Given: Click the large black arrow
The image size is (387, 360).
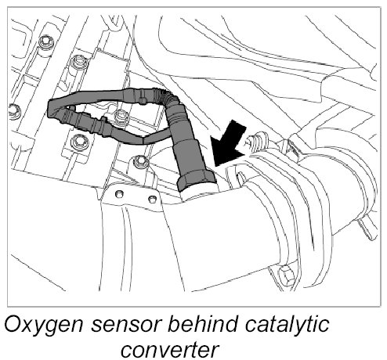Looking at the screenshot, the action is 228,145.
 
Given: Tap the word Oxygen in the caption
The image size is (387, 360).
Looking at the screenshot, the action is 44,325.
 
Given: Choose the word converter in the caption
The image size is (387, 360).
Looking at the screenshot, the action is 169,350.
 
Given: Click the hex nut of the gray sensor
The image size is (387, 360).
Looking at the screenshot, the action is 197,182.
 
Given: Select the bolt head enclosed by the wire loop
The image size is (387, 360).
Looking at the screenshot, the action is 121,115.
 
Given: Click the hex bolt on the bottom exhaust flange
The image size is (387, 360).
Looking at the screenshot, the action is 287,275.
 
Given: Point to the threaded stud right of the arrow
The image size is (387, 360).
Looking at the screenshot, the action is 259,141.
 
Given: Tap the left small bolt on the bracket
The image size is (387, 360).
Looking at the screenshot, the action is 119,193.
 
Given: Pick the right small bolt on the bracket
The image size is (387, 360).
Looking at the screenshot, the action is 152,200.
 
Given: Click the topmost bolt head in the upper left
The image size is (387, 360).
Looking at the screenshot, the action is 46,41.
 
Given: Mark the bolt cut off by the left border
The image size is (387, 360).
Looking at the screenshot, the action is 14,112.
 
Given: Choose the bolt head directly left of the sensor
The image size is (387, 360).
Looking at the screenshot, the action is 141,162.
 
